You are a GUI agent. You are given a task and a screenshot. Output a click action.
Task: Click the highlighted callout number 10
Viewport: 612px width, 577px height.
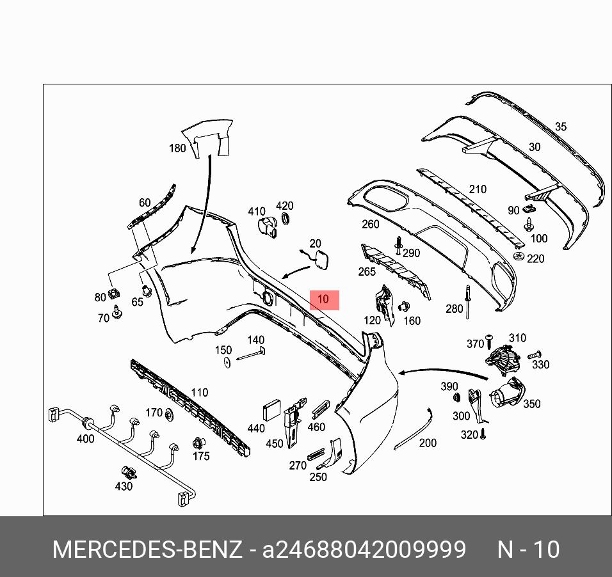(324, 299)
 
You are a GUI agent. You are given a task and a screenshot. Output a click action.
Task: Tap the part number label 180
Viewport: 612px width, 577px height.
(177, 148)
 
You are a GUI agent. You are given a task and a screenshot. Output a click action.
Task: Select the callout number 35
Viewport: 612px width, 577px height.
(560, 127)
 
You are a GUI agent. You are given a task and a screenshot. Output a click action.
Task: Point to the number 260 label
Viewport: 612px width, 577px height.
(370, 224)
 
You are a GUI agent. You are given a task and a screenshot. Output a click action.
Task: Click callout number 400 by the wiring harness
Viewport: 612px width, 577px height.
(85, 439)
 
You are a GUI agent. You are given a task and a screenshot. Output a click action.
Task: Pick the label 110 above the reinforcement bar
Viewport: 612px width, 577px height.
(200, 392)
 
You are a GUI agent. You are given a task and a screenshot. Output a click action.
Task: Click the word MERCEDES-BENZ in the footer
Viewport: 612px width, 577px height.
(147, 549)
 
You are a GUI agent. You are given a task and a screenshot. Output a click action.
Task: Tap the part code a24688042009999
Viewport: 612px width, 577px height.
(364, 549)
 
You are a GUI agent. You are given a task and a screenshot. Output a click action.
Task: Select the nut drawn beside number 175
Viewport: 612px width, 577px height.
(198, 443)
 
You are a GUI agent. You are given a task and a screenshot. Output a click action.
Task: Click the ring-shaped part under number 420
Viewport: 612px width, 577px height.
(286, 220)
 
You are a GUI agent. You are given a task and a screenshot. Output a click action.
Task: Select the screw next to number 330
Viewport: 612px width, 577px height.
(535, 354)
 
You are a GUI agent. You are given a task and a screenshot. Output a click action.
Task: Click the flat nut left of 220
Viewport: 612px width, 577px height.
(519, 257)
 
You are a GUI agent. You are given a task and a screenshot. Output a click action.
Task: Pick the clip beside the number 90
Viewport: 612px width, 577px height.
(529, 208)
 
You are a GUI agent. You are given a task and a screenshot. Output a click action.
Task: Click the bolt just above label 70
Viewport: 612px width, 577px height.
(117, 311)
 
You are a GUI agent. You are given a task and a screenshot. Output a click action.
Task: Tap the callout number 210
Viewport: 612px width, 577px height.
(477, 189)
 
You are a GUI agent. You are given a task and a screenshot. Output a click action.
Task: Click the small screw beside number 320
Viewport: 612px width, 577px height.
(483, 434)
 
